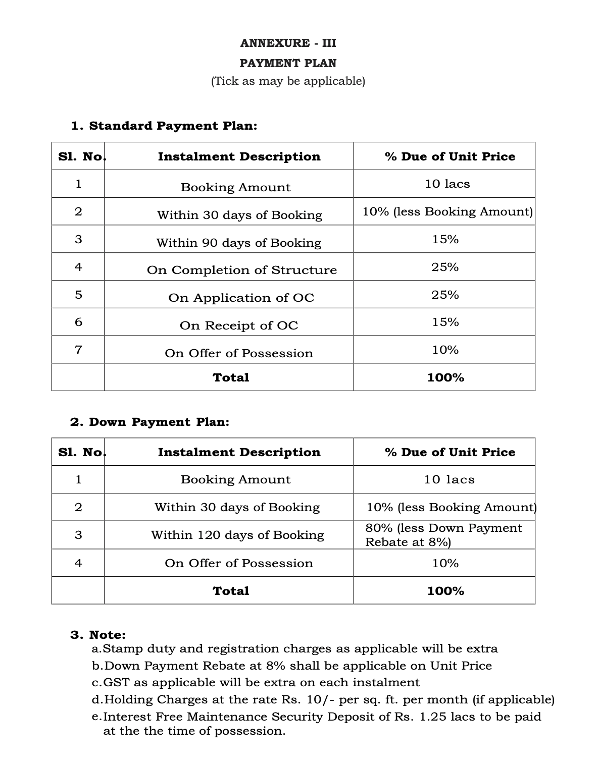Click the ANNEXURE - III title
pos(288,43)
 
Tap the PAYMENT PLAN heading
pos(288,63)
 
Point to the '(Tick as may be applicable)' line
pos(288,81)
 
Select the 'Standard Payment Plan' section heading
pos(164,126)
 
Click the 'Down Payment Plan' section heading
pos(149,422)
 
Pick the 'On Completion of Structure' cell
pos(241,270)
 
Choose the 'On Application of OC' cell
pos(241,298)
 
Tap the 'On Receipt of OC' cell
pos(239,325)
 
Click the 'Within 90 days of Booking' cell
pos(238,243)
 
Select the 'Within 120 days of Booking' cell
pos(237,535)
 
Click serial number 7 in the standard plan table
pos(78,349)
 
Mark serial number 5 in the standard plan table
pos(78,294)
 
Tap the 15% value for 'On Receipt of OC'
pos(445,322)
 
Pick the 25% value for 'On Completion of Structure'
pos(445,267)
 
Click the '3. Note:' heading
pos(98,634)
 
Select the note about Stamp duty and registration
pos(295,648)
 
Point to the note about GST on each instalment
pos(256,682)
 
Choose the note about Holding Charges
pos(323,699)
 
